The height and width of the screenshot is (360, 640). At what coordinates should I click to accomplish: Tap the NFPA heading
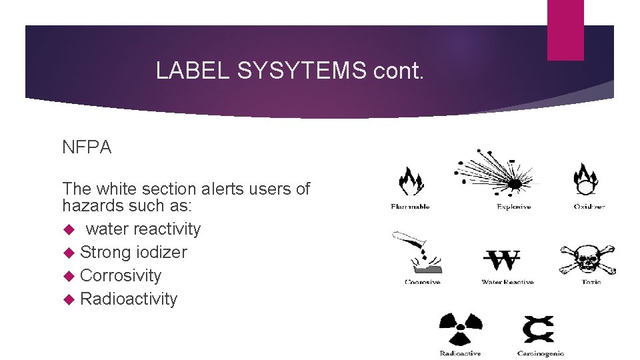[87, 148]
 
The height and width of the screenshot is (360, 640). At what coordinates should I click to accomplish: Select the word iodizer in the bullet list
[161, 252]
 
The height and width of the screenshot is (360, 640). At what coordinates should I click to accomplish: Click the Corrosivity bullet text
[120, 275]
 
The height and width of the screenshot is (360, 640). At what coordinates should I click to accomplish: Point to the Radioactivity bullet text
[128, 299]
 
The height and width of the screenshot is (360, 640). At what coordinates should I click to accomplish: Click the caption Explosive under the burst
[513, 207]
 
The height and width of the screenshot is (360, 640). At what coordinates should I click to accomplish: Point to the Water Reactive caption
[507, 282]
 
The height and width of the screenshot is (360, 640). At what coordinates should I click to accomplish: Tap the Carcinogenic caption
[541, 353]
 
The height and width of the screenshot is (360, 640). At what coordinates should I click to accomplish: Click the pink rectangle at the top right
[565, 30]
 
